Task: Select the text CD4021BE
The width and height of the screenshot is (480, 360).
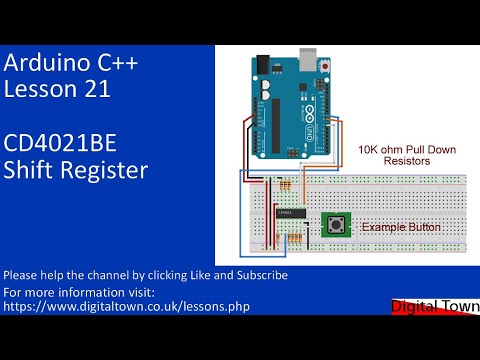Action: (58, 143)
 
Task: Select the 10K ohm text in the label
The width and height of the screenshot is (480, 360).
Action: (380, 148)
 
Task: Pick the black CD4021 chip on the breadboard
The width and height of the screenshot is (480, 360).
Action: (285, 213)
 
